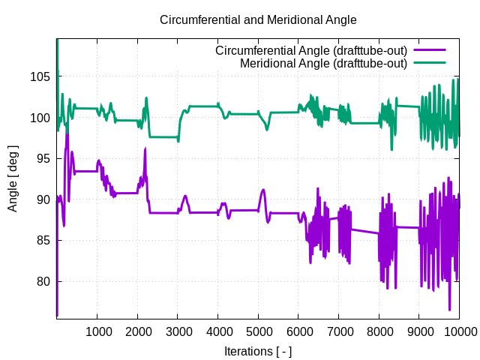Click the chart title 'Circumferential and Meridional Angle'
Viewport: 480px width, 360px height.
(x=259, y=19)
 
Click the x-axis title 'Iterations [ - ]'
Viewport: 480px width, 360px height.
(x=258, y=351)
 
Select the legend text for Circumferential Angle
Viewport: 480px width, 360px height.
(x=311, y=51)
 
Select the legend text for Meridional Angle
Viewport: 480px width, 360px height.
(x=323, y=64)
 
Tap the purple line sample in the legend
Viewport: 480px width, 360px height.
(x=430, y=51)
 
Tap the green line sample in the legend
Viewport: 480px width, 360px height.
(x=430, y=64)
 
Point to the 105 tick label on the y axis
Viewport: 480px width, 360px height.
(x=40, y=76)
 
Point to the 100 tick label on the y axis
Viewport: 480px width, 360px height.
(x=40, y=118)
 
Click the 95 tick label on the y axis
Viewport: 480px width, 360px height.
(x=43, y=158)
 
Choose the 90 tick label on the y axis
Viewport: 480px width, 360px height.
(x=43, y=199)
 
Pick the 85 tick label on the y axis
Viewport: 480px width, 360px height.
(x=43, y=241)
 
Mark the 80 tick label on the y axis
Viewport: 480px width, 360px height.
(x=43, y=281)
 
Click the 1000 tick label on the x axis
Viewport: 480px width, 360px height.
(x=97, y=332)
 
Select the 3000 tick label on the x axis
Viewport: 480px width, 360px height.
(x=178, y=332)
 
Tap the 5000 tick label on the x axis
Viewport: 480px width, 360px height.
(x=258, y=332)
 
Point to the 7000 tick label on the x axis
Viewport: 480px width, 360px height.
(x=338, y=332)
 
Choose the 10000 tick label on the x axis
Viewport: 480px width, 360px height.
(x=458, y=332)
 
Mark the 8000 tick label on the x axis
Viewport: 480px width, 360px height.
(x=379, y=332)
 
